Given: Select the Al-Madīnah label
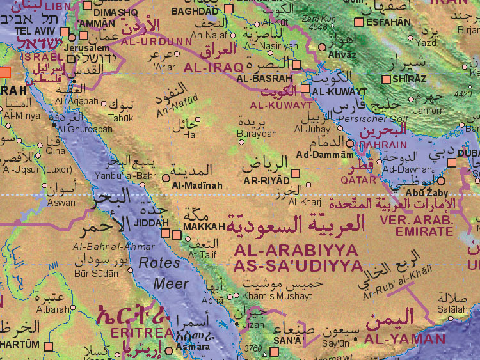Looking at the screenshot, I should click(x=197, y=185).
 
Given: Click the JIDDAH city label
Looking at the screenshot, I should click(x=148, y=224).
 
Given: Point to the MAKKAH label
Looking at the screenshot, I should click(x=204, y=226).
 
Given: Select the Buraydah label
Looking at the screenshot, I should click(x=257, y=134).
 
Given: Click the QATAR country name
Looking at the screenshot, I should click(x=362, y=180).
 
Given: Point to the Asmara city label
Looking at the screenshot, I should click(x=192, y=347).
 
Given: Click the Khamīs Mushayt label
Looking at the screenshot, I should click(x=267, y=295).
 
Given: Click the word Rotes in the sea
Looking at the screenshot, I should click(x=160, y=263).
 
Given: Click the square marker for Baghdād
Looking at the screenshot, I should click(x=229, y=9).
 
